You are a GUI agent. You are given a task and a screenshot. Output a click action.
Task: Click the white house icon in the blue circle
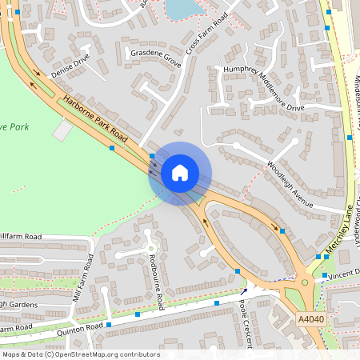pos(179,173)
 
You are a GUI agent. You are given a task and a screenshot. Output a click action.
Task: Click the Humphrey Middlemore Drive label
pos(264,90)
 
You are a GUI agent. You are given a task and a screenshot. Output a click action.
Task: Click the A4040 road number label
pos(310,318)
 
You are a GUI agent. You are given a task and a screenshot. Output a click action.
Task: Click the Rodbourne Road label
pos(158,277)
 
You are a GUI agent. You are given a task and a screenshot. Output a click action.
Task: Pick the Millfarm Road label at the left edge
pos(20,237)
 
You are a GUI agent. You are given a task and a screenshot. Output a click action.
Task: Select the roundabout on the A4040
pos(305,283)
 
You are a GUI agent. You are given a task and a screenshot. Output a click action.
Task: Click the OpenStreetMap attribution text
pos(80,354)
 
